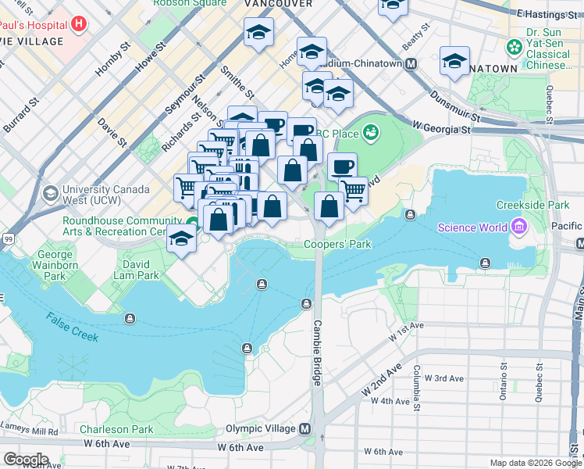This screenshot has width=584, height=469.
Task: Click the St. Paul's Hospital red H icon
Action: [x=78, y=24]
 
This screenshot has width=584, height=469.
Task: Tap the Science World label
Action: [x=472, y=227]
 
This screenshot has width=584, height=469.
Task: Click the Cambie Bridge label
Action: [x=318, y=352]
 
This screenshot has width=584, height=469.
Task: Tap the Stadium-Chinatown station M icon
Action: [x=411, y=63]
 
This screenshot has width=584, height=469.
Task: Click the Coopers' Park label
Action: [x=337, y=244]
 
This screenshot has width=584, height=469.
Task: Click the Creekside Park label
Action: [x=533, y=205]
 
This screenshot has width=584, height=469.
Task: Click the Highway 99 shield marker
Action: [x=7, y=238]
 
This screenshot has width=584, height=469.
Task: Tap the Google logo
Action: [x=26, y=459]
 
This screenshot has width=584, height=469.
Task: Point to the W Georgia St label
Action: [x=442, y=127]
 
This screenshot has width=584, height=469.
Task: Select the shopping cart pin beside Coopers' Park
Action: [x=354, y=189]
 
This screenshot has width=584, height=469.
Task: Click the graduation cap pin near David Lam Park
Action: [x=181, y=238]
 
